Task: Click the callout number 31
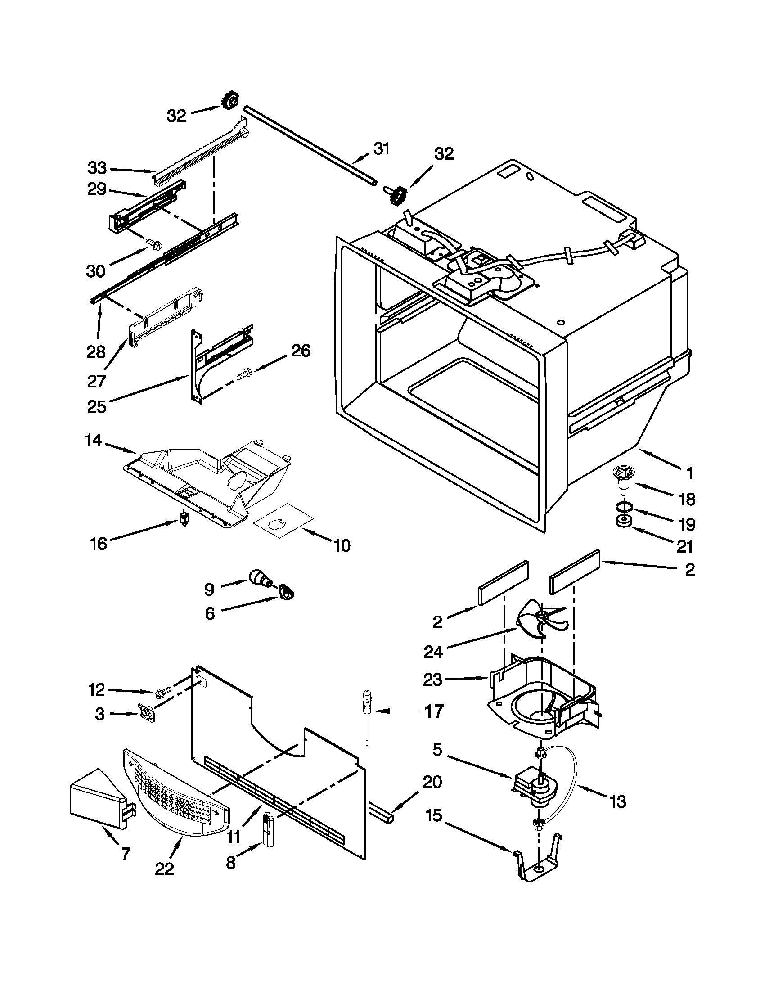[x=381, y=148]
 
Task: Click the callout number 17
[x=433, y=712]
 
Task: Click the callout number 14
[x=93, y=440]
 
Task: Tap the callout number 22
[x=164, y=868]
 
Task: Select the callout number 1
[x=689, y=474]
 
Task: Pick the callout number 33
[x=97, y=168]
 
